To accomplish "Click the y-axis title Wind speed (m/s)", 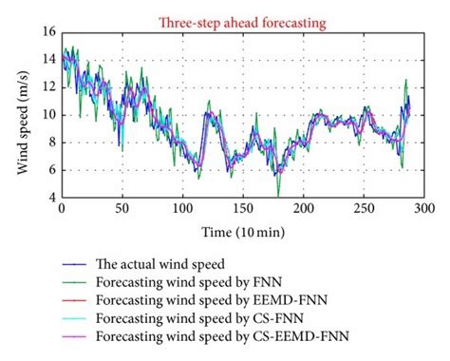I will click(x=22, y=117).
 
